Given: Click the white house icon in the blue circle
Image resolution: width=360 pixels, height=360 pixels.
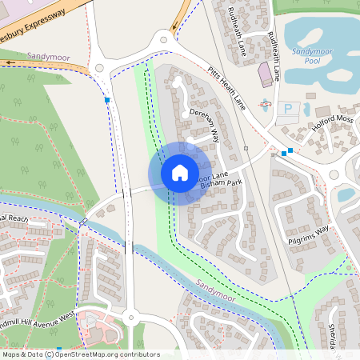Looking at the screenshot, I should (180, 172).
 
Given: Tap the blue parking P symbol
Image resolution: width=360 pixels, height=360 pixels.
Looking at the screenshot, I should (288, 108).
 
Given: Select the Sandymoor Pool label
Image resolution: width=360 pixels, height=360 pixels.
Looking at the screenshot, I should (306, 56).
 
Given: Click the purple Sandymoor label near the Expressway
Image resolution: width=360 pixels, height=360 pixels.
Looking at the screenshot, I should (43, 57).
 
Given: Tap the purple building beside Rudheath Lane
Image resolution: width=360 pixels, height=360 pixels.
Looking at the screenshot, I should (264, 76).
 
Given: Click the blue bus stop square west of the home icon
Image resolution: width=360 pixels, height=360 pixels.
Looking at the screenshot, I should (107, 100).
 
